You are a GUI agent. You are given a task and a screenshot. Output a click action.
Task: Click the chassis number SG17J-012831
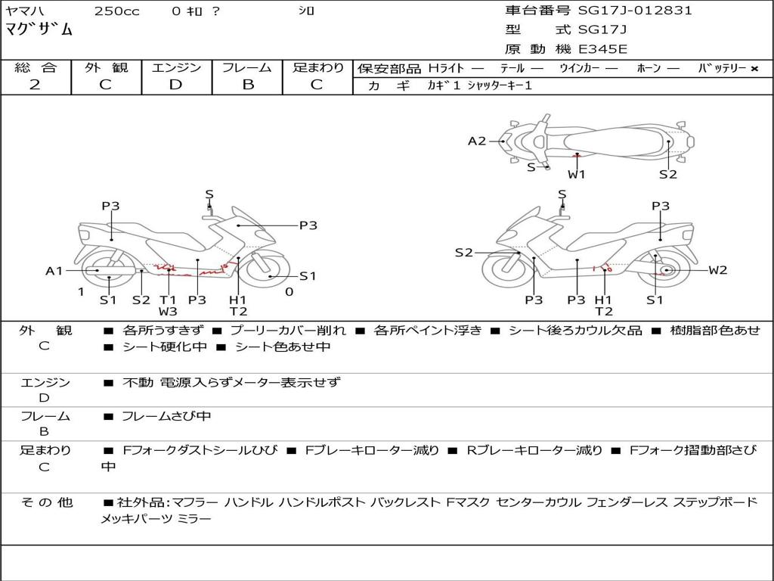[x=635, y=11]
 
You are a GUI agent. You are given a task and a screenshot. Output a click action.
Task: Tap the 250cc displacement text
[x=117, y=11]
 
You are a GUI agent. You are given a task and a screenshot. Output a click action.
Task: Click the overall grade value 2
[x=35, y=85]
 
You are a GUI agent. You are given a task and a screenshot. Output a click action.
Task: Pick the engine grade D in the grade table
[x=175, y=85]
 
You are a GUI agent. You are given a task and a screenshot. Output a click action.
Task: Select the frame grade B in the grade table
[x=248, y=85]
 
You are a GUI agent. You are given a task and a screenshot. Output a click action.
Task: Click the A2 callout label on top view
[x=477, y=141]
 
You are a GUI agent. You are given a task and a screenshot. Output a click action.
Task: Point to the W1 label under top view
[x=576, y=174]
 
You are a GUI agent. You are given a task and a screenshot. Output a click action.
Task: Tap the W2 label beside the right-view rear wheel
[x=718, y=270]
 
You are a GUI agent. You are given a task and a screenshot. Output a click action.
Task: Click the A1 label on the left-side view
[x=54, y=271]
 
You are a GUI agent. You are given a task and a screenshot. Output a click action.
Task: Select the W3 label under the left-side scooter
[x=168, y=311]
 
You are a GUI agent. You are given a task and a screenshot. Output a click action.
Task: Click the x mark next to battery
[x=754, y=69]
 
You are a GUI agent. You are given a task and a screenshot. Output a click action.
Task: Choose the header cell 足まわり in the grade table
[x=317, y=67]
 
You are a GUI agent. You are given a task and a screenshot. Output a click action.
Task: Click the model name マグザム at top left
[x=39, y=30]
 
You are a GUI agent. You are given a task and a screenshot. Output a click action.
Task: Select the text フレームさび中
[x=166, y=416]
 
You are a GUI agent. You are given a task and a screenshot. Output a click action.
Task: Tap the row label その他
[x=46, y=502]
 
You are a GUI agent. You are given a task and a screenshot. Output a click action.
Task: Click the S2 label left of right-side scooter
[x=463, y=253]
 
